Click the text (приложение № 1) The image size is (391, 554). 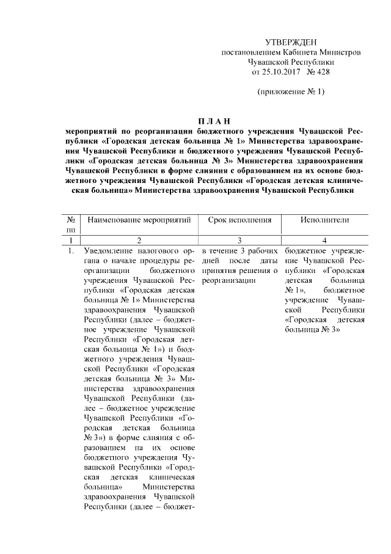290,92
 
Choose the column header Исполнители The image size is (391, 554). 324,219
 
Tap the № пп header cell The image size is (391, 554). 71,223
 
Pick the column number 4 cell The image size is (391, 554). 324,241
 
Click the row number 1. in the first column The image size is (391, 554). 71,251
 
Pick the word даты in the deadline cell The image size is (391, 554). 269,261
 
